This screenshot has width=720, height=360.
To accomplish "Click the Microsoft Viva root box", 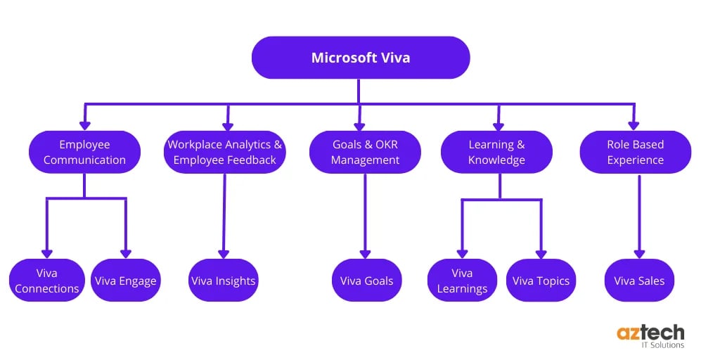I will [x=360, y=58].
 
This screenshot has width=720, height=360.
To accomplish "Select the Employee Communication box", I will [x=84, y=152].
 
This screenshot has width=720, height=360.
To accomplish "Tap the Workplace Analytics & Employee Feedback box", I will [x=225, y=152].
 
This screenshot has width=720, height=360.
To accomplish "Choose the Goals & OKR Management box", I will [x=365, y=152].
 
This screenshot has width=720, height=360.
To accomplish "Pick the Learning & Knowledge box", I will [x=496, y=152].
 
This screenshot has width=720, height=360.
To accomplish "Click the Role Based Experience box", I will [x=635, y=152].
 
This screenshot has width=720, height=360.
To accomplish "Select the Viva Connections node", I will [x=47, y=281].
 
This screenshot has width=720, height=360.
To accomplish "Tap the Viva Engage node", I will [x=127, y=281].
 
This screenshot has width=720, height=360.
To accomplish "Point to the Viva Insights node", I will [x=224, y=281].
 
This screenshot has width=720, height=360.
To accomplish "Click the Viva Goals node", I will [x=366, y=281].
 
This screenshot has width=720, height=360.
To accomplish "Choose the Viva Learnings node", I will [x=462, y=281].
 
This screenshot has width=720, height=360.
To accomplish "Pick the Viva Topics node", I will [x=541, y=281].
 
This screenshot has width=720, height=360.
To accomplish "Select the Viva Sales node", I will [x=639, y=281].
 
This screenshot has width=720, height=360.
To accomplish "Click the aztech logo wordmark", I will [x=650, y=333].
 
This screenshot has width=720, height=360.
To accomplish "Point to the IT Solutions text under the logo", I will [x=660, y=345].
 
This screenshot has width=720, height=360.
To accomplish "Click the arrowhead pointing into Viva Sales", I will [x=639, y=254].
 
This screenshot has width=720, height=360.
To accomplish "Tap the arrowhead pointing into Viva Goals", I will [x=365, y=254].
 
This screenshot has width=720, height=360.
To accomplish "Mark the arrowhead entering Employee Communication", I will [x=85, y=125].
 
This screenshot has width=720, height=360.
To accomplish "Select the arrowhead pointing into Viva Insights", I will [x=224, y=254].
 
